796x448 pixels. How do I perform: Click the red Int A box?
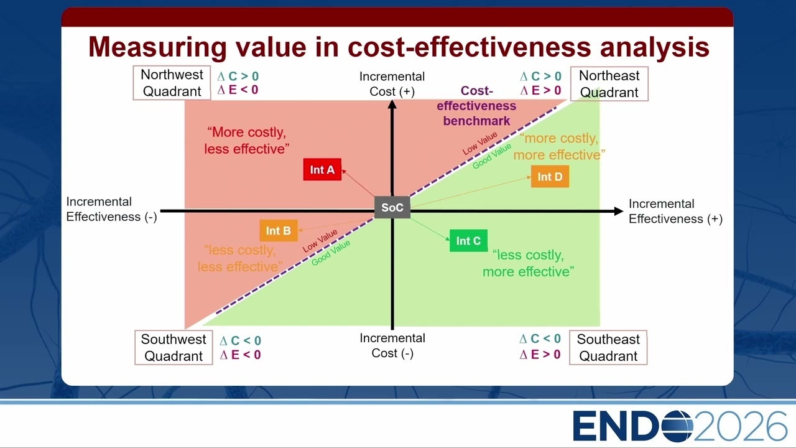[322, 169]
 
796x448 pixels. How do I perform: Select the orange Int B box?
[279, 230]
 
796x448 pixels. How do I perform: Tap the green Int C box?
[468, 241]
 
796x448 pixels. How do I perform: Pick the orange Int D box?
[550, 176]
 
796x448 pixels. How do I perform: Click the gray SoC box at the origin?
[392, 207]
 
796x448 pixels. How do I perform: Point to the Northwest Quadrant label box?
[172, 83]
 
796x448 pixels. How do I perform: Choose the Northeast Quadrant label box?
[609, 84]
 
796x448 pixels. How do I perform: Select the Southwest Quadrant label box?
[174, 347]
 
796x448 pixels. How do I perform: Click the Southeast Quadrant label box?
[608, 347]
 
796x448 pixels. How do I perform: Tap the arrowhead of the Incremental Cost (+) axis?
[392, 104]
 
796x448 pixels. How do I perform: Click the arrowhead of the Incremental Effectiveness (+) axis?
[619, 211]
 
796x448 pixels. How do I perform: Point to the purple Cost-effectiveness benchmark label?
[476, 106]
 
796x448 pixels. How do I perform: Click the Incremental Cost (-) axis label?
[392, 345]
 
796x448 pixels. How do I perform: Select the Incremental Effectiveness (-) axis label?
[111, 209]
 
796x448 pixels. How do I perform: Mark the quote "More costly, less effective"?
[247, 141]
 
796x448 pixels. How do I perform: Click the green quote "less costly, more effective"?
[528, 263]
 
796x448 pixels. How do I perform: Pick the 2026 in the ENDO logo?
[740, 426]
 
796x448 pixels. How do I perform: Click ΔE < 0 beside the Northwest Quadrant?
[238, 90]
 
